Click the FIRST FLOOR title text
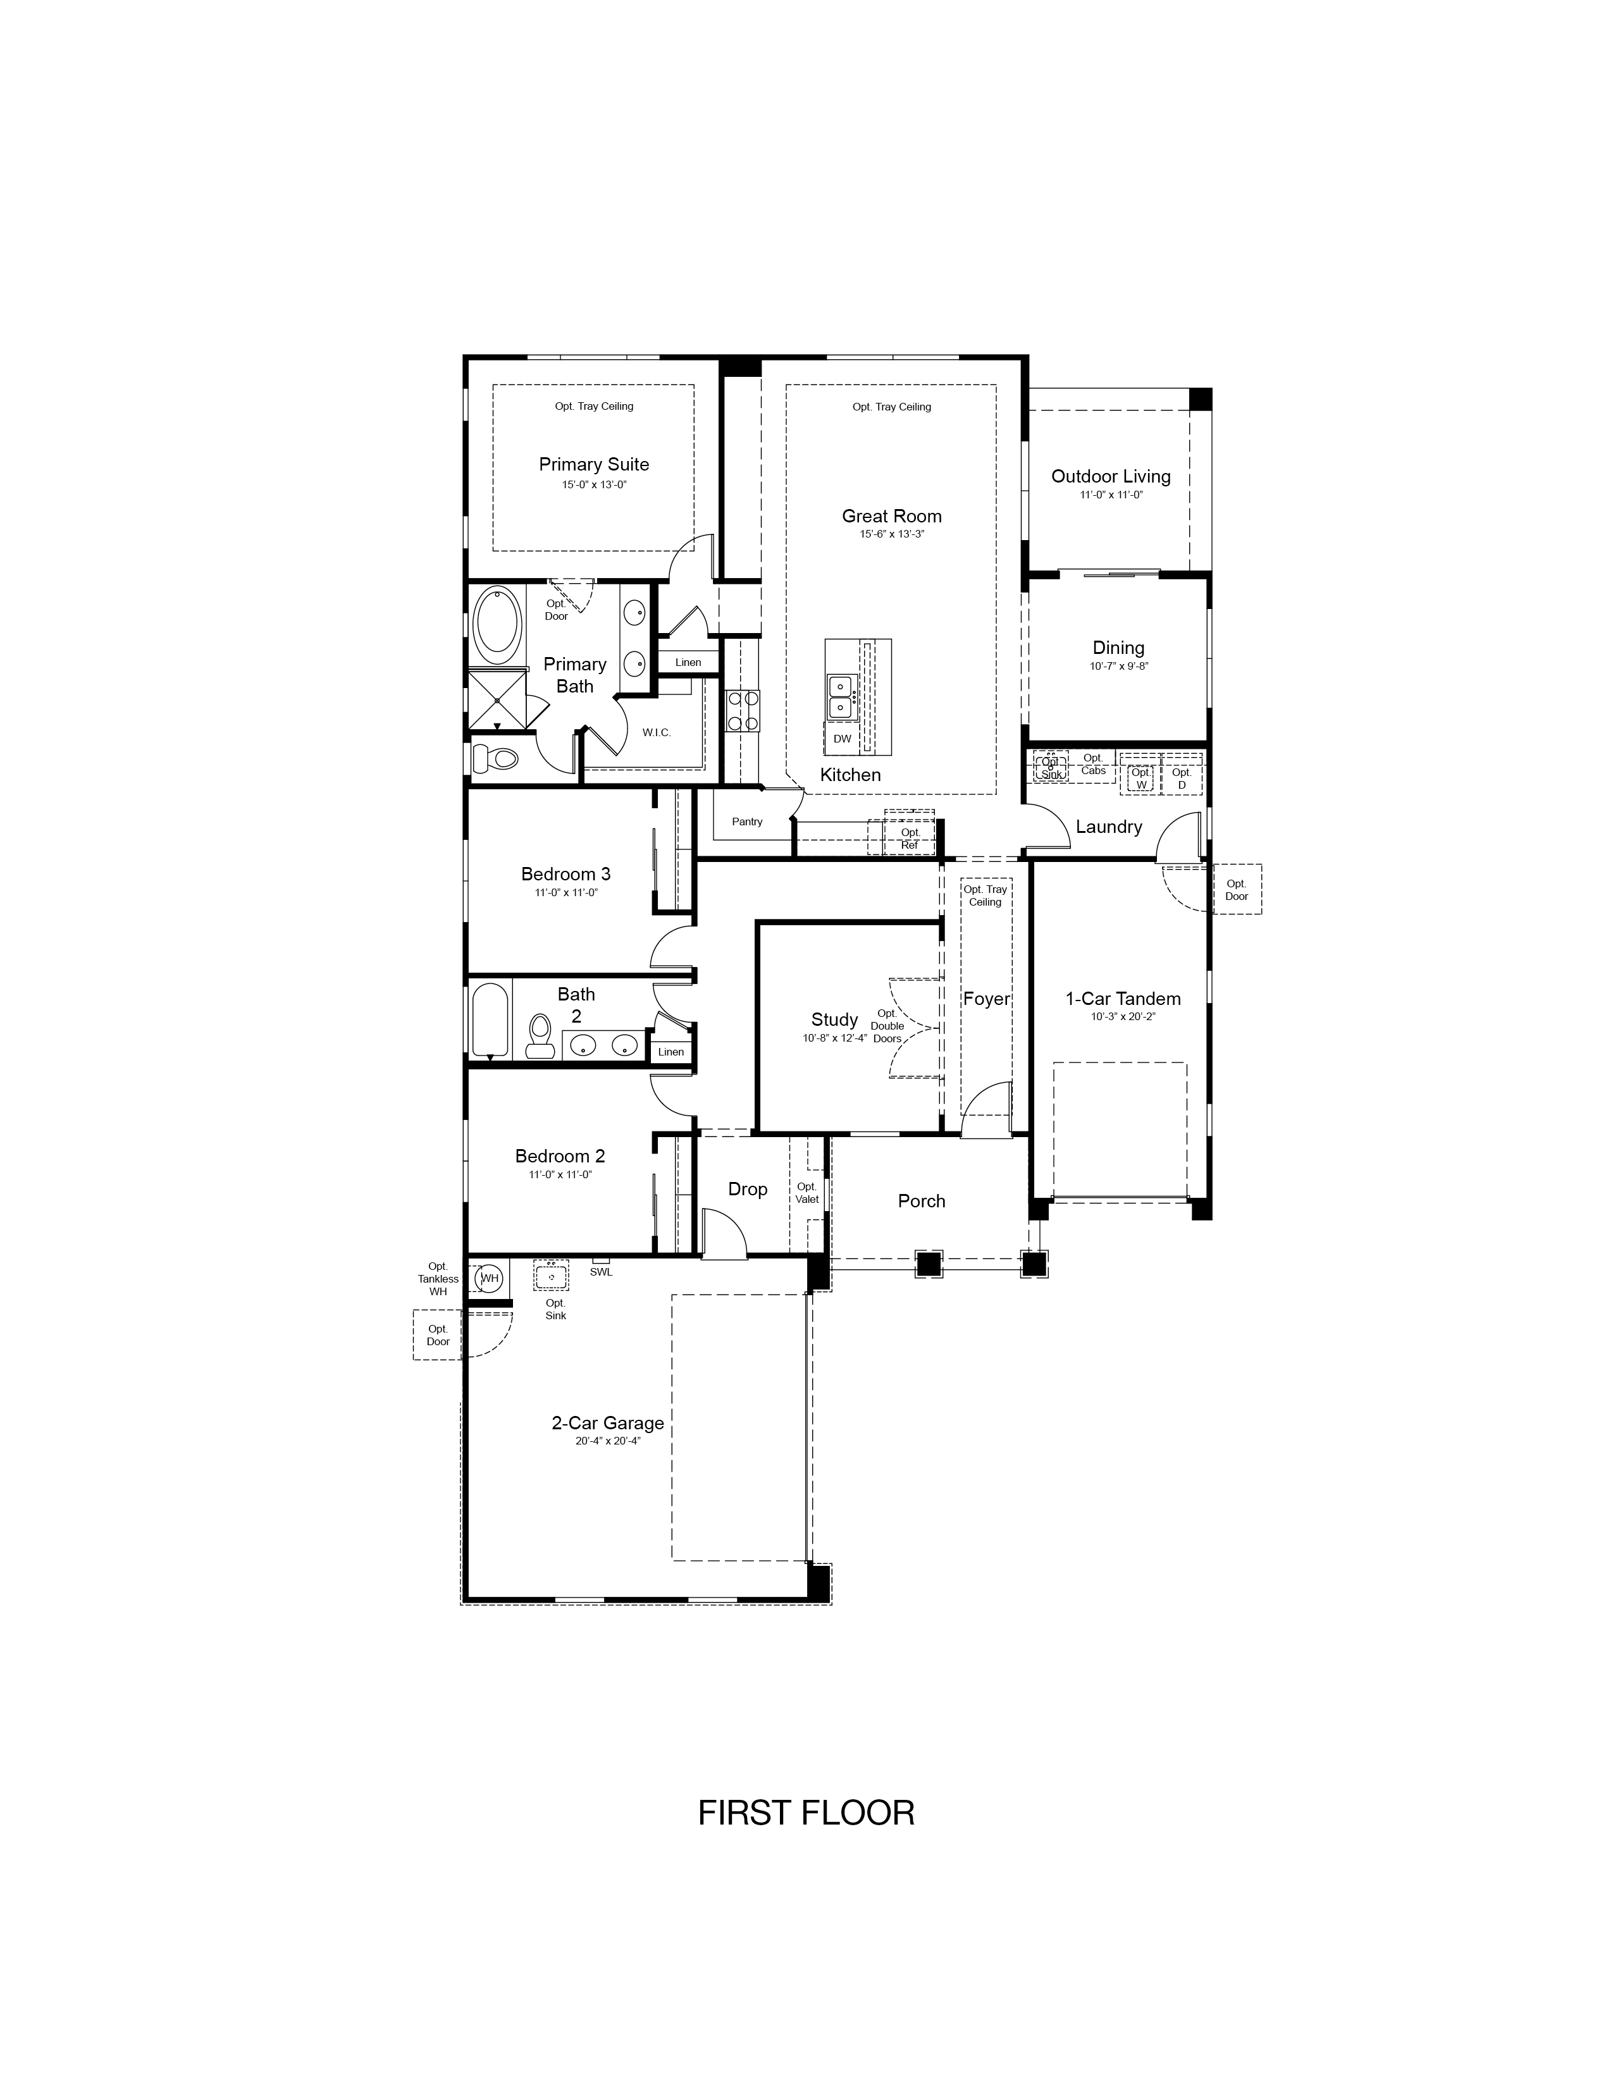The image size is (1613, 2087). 806,1813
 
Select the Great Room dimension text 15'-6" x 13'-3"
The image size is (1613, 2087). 891,534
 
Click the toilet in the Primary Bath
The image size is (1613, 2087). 495,759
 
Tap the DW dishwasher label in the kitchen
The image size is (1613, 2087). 842,739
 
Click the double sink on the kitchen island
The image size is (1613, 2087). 841,697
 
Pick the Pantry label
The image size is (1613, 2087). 747,822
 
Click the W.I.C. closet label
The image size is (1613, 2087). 657,733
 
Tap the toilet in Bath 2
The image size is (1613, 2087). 541,1037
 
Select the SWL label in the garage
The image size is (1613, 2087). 601,1272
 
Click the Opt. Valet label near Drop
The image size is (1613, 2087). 806,1193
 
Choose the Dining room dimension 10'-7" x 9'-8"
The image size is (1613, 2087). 1119,666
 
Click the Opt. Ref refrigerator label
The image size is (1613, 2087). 910,839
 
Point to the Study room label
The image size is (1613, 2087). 834,1019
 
